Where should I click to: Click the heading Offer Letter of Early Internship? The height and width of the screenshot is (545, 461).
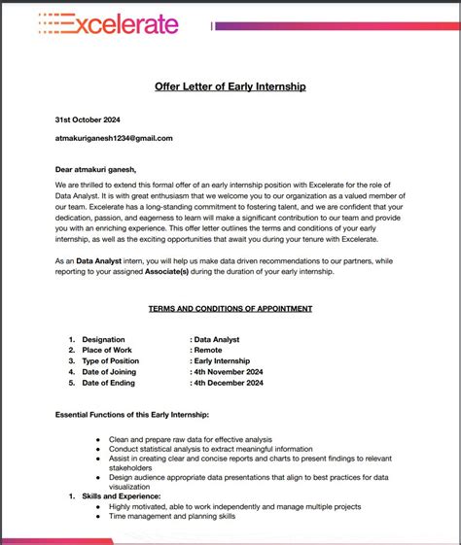230,86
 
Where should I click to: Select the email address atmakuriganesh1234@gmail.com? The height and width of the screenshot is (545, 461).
114,138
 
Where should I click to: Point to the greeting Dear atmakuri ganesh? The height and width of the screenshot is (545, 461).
95,170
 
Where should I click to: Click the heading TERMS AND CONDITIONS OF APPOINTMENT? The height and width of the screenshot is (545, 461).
230,308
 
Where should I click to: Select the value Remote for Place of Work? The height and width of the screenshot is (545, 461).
208,350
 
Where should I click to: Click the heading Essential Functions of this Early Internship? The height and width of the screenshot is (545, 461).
132,415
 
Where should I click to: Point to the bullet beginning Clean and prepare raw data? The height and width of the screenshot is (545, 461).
191,439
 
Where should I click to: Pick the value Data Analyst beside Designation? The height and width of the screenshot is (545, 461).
216,339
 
